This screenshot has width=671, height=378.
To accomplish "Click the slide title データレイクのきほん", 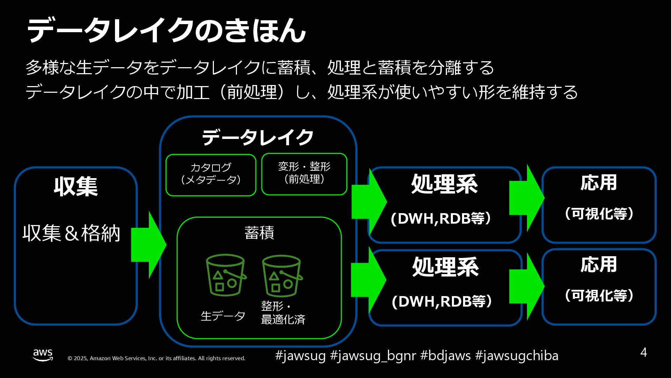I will pos(166,31).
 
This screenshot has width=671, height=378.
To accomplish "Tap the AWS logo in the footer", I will pos(43,355).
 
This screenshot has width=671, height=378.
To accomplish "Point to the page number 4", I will pos(643,352).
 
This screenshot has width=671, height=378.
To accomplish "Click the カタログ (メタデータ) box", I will pos(211,175).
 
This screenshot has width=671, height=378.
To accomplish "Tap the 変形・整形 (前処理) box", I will pos(304,174).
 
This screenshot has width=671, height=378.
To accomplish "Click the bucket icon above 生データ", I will pos(225,276).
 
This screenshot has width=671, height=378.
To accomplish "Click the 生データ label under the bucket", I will pos(223,316).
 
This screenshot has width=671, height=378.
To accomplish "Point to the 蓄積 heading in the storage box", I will pos(259,233).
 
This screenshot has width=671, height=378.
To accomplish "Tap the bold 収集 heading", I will pos(76,186).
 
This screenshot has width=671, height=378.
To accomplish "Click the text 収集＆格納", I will pos(72,233).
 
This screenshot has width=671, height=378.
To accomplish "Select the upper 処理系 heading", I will pos(444,184).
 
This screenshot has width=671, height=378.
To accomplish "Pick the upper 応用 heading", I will pos(599,183).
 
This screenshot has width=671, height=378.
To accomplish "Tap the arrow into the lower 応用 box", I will pos(526,286).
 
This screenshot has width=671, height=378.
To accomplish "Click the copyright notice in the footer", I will pos(156,358).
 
